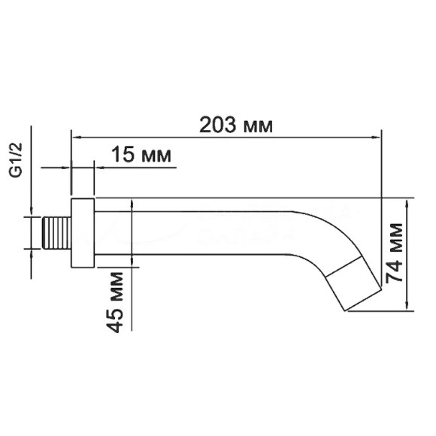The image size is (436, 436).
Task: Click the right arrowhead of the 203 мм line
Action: [375, 138]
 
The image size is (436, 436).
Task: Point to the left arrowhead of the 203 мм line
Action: [76, 138]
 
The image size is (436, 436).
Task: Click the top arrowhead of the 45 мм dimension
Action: [132, 202]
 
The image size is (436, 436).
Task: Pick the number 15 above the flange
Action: [123, 156]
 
